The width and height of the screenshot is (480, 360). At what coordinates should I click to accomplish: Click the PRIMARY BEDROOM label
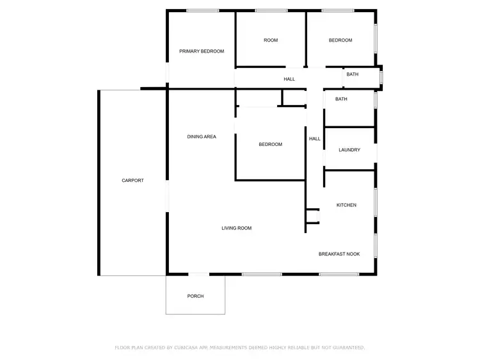pos(202,51)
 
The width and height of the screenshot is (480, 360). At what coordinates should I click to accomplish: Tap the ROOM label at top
pos(271,40)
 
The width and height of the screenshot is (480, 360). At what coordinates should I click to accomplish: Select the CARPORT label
pos(132,181)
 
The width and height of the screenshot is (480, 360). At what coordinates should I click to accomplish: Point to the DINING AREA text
pos(202,136)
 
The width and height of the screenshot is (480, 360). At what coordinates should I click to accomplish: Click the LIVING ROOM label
pos(236,228)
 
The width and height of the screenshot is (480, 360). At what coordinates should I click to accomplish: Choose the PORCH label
pos(195,296)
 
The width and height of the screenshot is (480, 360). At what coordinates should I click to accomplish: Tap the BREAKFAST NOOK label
pos(339,254)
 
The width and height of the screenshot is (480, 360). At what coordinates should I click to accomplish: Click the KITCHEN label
pos(346,205)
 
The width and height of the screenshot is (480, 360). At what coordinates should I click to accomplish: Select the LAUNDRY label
pos(349,150)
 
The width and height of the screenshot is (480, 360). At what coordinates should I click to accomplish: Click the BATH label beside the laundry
pos(341,99)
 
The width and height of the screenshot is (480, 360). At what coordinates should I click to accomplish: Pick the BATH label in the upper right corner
pos(353,74)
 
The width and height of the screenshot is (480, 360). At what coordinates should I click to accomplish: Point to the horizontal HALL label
pos(289,79)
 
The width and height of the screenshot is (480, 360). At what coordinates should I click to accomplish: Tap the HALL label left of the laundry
pos(315,139)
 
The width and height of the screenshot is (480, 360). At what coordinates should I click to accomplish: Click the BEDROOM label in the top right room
pos(340,40)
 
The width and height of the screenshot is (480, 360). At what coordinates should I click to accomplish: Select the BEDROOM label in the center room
pos(270,144)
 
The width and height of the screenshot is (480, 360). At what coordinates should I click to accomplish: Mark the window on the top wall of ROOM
pos(271,10)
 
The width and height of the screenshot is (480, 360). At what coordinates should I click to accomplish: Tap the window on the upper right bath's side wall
pos(381,77)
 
